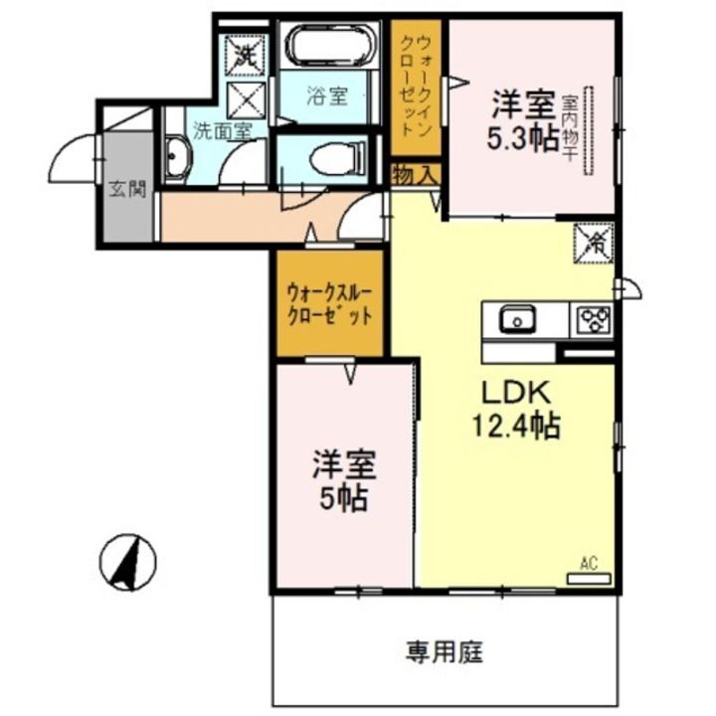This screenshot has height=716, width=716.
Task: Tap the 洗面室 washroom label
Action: pos(222,130)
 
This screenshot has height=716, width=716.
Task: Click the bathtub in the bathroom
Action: pos(328,46)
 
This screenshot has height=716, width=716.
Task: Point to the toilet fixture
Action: pos(333,157)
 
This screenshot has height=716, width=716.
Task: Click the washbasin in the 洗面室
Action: pos(180,159)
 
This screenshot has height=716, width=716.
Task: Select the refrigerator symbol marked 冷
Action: pos(597,242)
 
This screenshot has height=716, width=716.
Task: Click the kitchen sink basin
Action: pos(517,320)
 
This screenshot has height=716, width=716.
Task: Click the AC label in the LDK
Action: pos(589,564)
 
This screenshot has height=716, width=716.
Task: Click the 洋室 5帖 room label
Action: pos(343,479)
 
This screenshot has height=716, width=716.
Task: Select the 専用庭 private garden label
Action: pos(444,652)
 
